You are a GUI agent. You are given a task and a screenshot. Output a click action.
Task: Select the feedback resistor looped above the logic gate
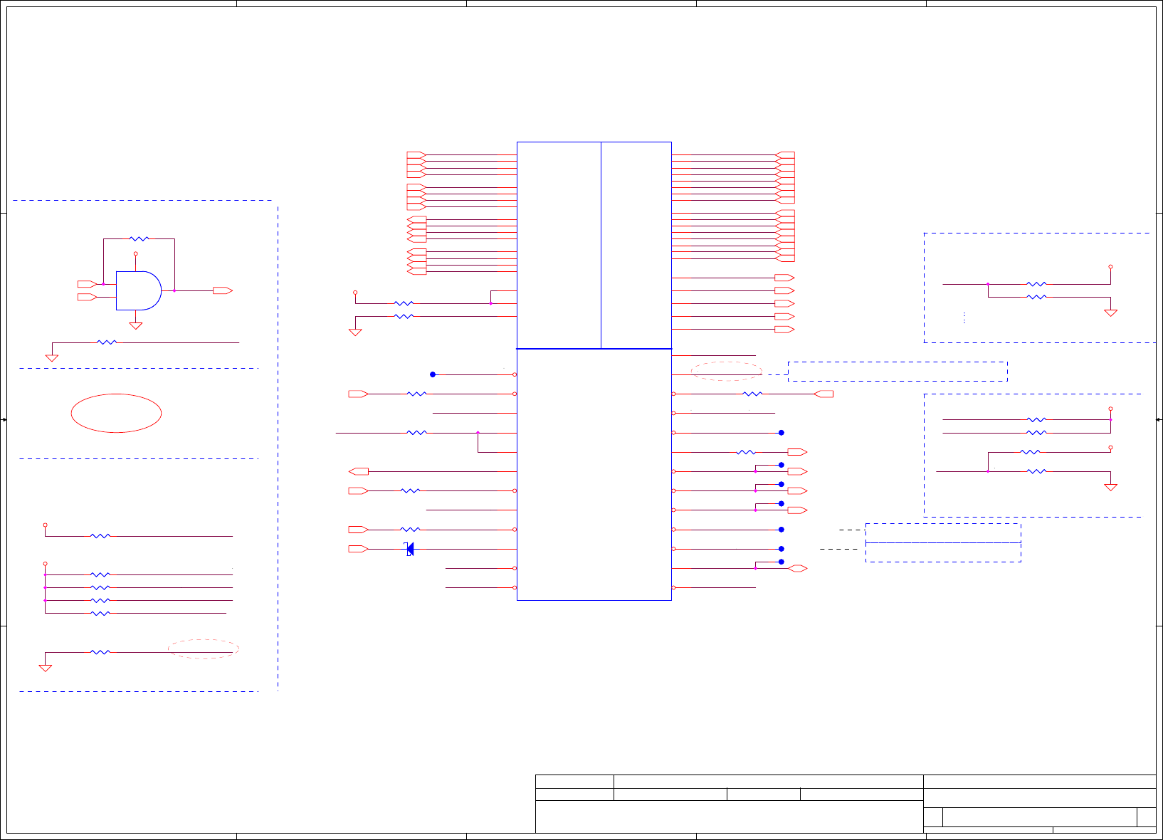pyautogui.click(x=140, y=239)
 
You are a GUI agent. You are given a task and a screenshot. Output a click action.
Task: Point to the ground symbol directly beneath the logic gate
pyautogui.click(x=135, y=326)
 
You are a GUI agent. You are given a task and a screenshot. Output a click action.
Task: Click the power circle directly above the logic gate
pyautogui.click(x=135, y=253)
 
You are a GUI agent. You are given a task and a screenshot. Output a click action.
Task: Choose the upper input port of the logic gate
pyautogui.click(x=87, y=284)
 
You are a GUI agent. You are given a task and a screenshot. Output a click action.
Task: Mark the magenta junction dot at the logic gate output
pyautogui.click(x=174, y=290)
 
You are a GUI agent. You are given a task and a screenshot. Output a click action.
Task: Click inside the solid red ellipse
pyautogui.click(x=116, y=413)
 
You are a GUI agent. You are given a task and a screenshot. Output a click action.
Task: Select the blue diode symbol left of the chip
pyautogui.click(x=410, y=549)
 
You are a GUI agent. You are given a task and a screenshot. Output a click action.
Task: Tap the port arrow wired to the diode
pyautogui.click(x=357, y=549)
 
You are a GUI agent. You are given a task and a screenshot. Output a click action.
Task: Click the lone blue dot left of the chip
pyautogui.click(x=433, y=374)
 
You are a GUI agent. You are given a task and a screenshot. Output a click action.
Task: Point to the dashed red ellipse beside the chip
pyautogui.click(x=726, y=371)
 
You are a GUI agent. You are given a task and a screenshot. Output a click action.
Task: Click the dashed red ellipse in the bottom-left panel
pyautogui.click(x=204, y=649)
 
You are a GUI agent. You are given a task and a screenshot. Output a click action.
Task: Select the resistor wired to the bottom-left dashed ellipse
pyautogui.click(x=100, y=652)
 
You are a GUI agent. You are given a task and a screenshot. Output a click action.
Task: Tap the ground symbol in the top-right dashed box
pyautogui.click(x=1110, y=313)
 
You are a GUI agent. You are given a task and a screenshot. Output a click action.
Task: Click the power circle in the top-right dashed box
pyautogui.click(x=1110, y=267)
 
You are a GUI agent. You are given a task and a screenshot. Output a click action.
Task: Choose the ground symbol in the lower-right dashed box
pyautogui.click(x=1110, y=487)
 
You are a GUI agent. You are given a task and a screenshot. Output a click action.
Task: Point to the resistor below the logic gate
pyautogui.click(x=107, y=342)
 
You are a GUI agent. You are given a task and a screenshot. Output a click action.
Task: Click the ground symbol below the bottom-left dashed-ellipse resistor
pyautogui.click(x=45, y=668)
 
